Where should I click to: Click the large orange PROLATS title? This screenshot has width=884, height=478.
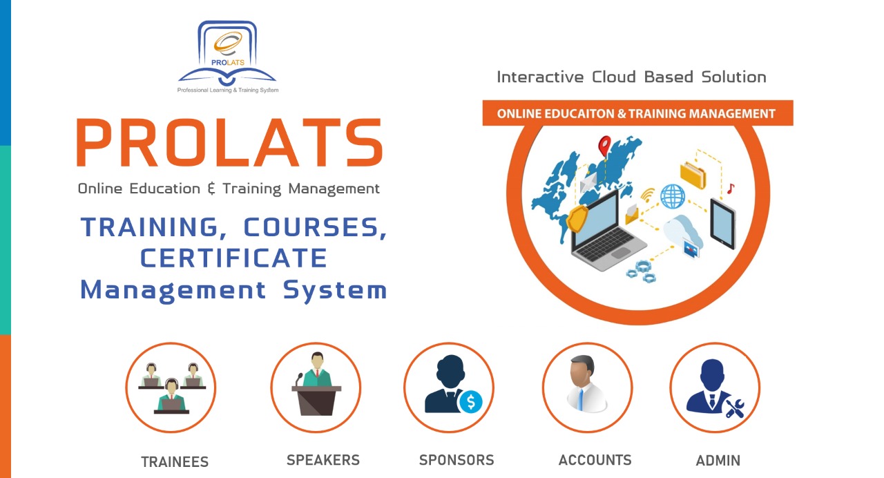(229, 142)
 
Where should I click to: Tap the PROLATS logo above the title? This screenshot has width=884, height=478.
(228, 57)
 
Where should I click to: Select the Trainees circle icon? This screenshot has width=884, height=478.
(171, 388)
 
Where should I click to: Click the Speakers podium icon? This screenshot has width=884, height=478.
(316, 388)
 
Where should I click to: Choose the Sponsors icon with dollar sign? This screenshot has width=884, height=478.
(449, 388)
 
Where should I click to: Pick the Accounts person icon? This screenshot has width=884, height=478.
(587, 388)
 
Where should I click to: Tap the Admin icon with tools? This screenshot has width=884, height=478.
(715, 388)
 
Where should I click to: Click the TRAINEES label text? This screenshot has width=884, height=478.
(175, 462)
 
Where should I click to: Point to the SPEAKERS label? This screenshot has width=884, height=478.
(323, 460)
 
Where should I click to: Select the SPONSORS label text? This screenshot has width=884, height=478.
(457, 460)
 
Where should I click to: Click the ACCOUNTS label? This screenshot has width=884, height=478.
(595, 460)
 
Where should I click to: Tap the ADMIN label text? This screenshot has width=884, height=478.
(718, 461)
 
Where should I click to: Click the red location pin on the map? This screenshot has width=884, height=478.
(604, 146)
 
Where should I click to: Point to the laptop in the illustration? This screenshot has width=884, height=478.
(607, 232)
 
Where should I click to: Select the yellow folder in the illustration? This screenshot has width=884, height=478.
(693, 175)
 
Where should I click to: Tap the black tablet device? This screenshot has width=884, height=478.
(723, 224)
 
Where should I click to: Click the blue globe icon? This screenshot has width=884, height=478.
(673, 196)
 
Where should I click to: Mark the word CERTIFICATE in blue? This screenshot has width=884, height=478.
(233, 258)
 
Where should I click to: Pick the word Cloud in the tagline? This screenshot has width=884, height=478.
(614, 77)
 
